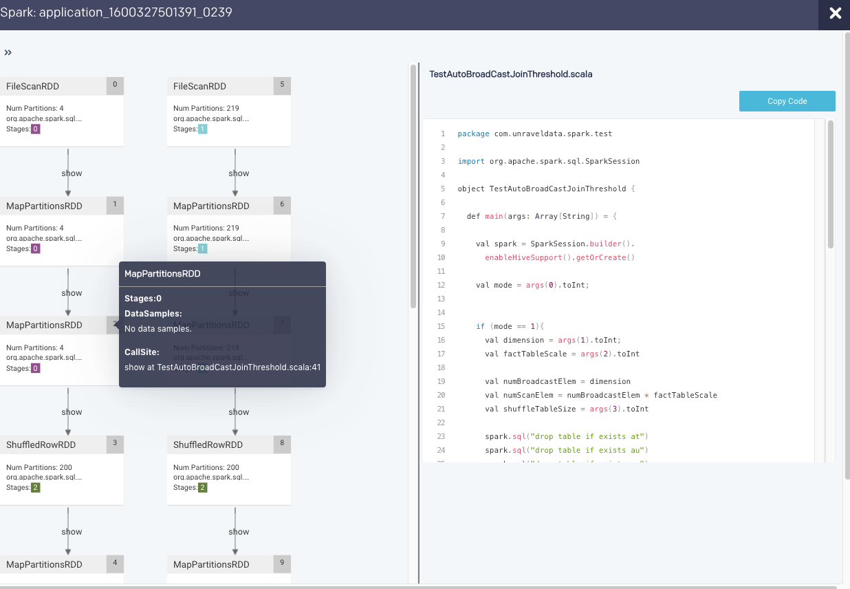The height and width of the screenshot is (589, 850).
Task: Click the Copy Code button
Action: click(x=787, y=101)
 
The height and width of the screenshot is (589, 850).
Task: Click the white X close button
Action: click(x=835, y=14)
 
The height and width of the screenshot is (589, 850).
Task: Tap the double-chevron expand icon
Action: click(x=8, y=52)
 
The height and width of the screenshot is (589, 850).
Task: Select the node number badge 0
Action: click(x=114, y=85)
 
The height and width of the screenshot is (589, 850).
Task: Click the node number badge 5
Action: click(x=282, y=85)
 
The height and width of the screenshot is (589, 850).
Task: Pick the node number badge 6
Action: click(x=282, y=205)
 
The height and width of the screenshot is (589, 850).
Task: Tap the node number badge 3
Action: click(x=114, y=444)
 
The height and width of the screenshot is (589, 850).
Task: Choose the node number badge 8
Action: click(x=282, y=444)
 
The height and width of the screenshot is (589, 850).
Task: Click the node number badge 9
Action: click(x=282, y=564)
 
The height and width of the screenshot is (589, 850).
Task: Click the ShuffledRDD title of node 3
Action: click(x=41, y=445)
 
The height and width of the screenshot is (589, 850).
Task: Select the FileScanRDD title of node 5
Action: click(x=199, y=87)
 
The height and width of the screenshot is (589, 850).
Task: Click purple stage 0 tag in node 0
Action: click(x=35, y=129)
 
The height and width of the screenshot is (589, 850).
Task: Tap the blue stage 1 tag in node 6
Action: click(x=202, y=249)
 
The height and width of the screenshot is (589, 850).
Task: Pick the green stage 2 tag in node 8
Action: click(x=202, y=488)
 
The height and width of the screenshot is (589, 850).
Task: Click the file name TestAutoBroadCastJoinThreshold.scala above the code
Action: click(x=510, y=74)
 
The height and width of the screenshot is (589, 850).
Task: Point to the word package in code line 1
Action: click(x=473, y=133)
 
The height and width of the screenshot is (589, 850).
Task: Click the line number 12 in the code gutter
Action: click(x=442, y=285)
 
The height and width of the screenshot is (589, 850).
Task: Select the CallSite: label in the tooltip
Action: click(x=142, y=352)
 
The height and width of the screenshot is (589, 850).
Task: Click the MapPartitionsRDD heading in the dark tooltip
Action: click(x=162, y=274)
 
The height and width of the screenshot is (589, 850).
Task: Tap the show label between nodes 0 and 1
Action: click(x=72, y=173)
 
